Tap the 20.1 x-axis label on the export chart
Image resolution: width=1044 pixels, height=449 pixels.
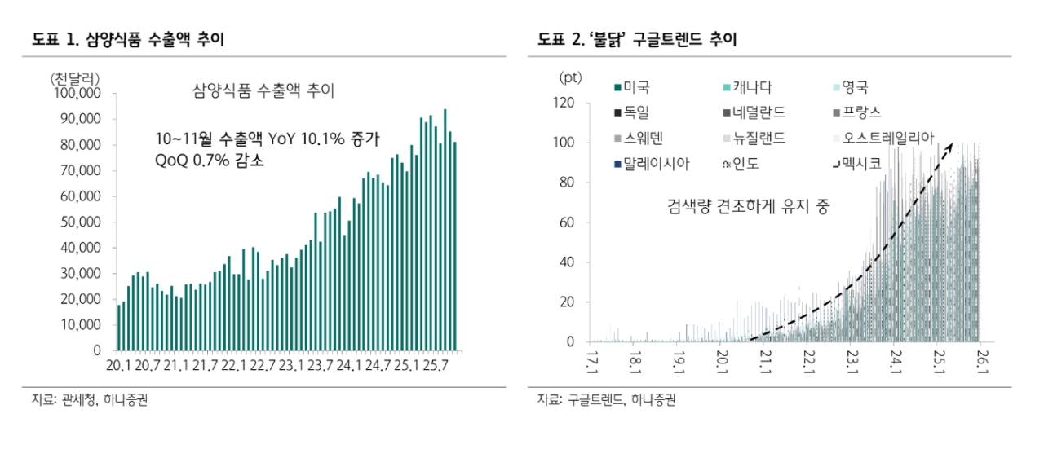(120, 364)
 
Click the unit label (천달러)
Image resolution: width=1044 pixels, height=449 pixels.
(75, 78)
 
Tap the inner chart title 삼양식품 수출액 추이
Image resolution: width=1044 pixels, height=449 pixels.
(263, 90)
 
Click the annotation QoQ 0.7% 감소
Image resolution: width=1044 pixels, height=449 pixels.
(210, 161)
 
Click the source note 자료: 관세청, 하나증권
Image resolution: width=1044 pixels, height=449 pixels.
(90, 400)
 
